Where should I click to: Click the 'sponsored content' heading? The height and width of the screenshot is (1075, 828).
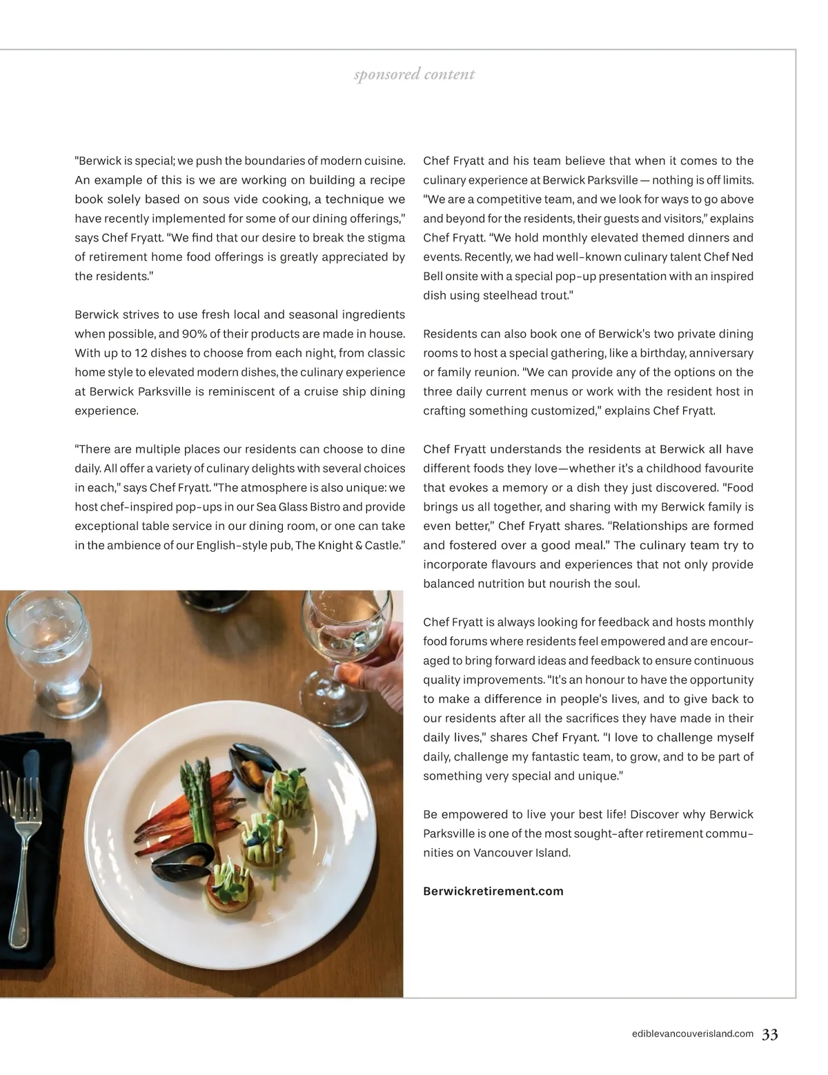[x=414, y=75]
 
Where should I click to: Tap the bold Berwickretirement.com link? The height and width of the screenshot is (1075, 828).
[x=493, y=891]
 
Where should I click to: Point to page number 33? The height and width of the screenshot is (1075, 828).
[x=770, y=1034]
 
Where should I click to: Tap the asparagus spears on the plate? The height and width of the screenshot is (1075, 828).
[x=197, y=800]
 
